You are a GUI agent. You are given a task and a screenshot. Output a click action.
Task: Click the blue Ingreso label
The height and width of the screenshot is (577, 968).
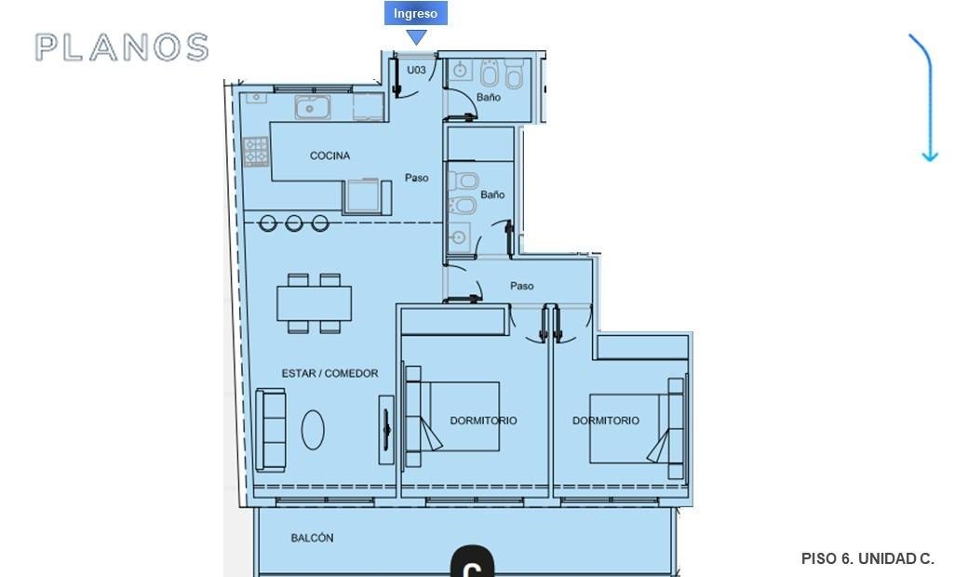click(415, 14)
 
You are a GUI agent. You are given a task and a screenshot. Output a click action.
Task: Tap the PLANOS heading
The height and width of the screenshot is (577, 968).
click(122, 47)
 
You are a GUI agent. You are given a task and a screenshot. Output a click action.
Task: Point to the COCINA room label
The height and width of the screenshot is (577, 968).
click(329, 155)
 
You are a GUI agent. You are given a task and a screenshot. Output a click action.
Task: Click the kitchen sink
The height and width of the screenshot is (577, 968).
click(313, 107)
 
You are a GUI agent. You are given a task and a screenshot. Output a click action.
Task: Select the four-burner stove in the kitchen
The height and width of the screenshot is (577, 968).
click(256, 152)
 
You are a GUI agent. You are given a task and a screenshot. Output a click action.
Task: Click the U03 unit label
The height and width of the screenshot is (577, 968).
click(416, 70)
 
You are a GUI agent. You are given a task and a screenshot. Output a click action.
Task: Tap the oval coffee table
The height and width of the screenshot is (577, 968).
click(313, 430)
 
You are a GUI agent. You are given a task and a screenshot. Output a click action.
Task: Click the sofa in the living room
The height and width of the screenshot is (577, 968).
click(271, 430)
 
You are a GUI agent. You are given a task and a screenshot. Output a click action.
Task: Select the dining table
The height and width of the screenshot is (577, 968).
click(315, 303)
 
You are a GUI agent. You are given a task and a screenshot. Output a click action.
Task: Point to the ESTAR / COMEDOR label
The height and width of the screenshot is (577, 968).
click(329, 373)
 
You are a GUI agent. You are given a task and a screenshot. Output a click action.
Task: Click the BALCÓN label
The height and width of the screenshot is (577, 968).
click(312, 538)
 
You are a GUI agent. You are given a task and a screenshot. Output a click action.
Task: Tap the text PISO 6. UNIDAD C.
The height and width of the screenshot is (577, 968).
click(867, 558)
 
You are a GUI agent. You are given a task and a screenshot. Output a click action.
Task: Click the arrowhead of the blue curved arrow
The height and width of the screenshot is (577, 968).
click(930, 156)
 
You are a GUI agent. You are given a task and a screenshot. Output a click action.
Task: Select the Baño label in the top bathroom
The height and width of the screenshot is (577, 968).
click(489, 98)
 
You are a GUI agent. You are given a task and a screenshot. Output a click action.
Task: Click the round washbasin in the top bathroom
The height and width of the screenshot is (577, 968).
click(460, 71)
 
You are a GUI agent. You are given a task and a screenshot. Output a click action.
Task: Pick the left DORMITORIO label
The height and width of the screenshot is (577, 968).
click(483, 421)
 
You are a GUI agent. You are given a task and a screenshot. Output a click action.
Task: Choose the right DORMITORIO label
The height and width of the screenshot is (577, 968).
click(606, 421)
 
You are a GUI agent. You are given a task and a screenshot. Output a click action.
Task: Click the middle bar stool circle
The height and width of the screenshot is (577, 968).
click(294, 222)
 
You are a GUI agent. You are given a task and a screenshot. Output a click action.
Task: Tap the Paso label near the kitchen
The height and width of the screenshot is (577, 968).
click(417, 178)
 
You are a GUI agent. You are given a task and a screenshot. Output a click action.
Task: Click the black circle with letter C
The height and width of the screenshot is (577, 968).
click(472, 561)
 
